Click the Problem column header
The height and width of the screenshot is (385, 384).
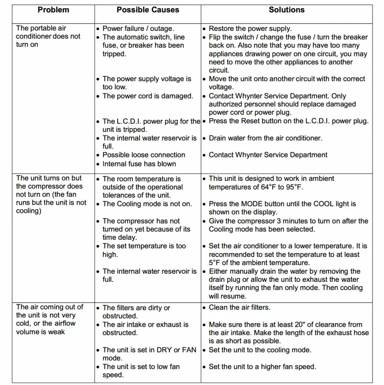click(x=53, y=10)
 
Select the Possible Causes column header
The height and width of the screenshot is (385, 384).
click(x=148, y=10)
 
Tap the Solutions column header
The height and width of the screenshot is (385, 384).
click(x=286, y=9)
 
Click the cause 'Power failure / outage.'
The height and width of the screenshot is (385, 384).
click(x=138, y=29)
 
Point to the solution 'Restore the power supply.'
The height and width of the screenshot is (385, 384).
click(x=250, y=29)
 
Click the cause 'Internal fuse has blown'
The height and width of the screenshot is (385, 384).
click(x=139, y=164)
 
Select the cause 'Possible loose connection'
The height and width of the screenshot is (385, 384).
click(x=143, y=155)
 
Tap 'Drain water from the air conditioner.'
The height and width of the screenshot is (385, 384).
click(x=265, y=138)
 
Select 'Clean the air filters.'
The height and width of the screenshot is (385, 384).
click(x=240, y=308)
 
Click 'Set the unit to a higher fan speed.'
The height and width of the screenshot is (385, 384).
click(x=262, y=367)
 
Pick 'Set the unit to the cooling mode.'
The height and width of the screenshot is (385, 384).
click(x=260, y=350)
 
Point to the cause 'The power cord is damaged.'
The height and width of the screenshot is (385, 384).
click(x=148, y=96)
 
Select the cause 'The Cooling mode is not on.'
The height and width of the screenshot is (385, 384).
click(x=147, y=204)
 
